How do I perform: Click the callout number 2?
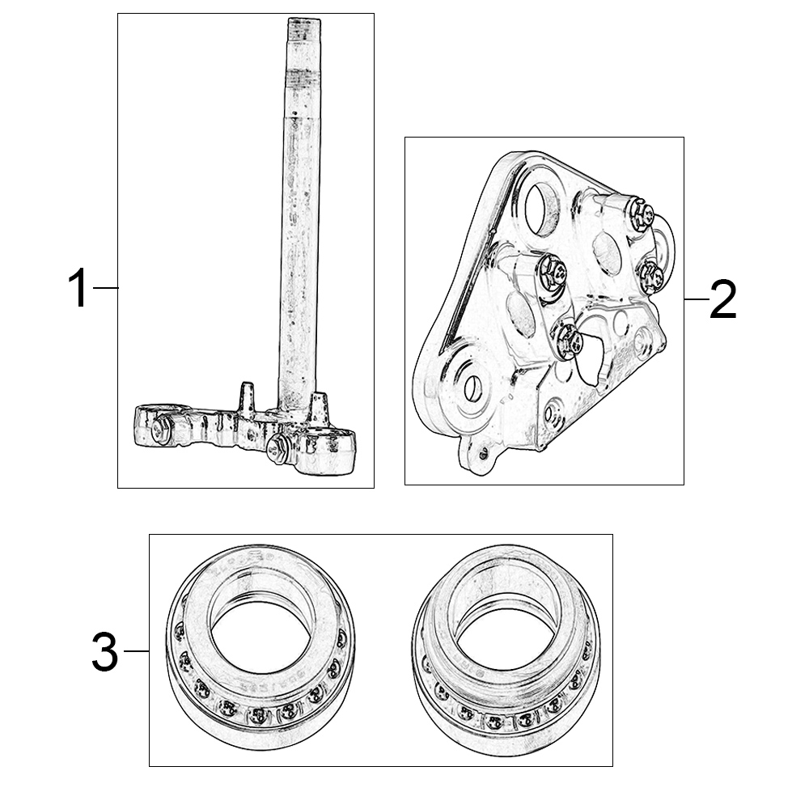(723, 299)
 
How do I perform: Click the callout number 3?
(104, 652)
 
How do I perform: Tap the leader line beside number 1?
(106, 287)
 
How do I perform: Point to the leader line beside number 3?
(137, 651)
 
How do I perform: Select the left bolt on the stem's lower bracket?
(161, 428)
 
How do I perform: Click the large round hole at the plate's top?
(542, 209)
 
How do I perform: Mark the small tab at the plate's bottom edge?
(477, 455)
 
